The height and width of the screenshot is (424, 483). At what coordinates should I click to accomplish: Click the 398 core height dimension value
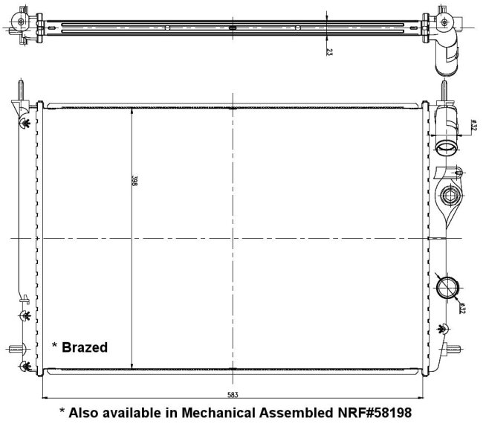(x=134, y=181)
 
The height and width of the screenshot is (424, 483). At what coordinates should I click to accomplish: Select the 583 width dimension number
(x=233, y=395)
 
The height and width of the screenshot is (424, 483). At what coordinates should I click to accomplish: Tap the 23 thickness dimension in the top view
(x=329, y=52)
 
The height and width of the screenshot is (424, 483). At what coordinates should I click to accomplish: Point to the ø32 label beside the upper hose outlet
(x=473, y=124)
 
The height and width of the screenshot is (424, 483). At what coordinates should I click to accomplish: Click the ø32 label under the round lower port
(x=461, y=308)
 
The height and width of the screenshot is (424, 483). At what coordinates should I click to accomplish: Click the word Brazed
(x=85, y=347)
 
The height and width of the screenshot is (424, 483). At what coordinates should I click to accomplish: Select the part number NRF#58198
(x=375, y=413)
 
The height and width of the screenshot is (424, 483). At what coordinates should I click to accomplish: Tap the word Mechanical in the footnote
(x=218, y=413)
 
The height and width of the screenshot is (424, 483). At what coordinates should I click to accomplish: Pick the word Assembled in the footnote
(x=296, y=413)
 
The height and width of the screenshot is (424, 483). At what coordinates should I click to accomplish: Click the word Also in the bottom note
(x=84, y=413)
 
